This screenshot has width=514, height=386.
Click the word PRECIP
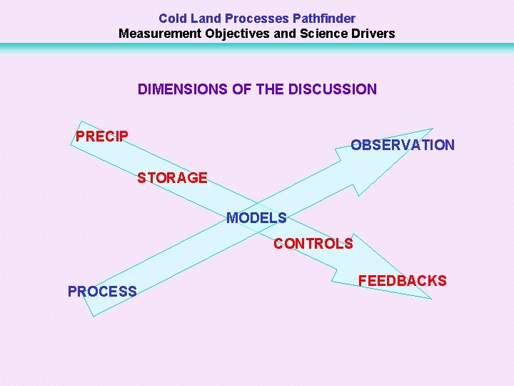[x=102, y=137]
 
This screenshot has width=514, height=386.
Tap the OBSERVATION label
[x=402, y=145]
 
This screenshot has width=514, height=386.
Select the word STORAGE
[x=172, y=178]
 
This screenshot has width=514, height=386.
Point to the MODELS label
[x=256, y=218]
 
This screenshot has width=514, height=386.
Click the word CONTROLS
[x=313, y=244]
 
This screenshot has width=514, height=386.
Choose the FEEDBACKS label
[x=402, y=281]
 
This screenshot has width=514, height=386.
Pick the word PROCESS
[x=102, y=292]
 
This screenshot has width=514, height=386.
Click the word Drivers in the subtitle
[x=373, y=34]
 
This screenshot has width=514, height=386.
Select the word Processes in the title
[x=256, y=19]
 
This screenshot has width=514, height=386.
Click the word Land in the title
[x=205, y=19]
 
